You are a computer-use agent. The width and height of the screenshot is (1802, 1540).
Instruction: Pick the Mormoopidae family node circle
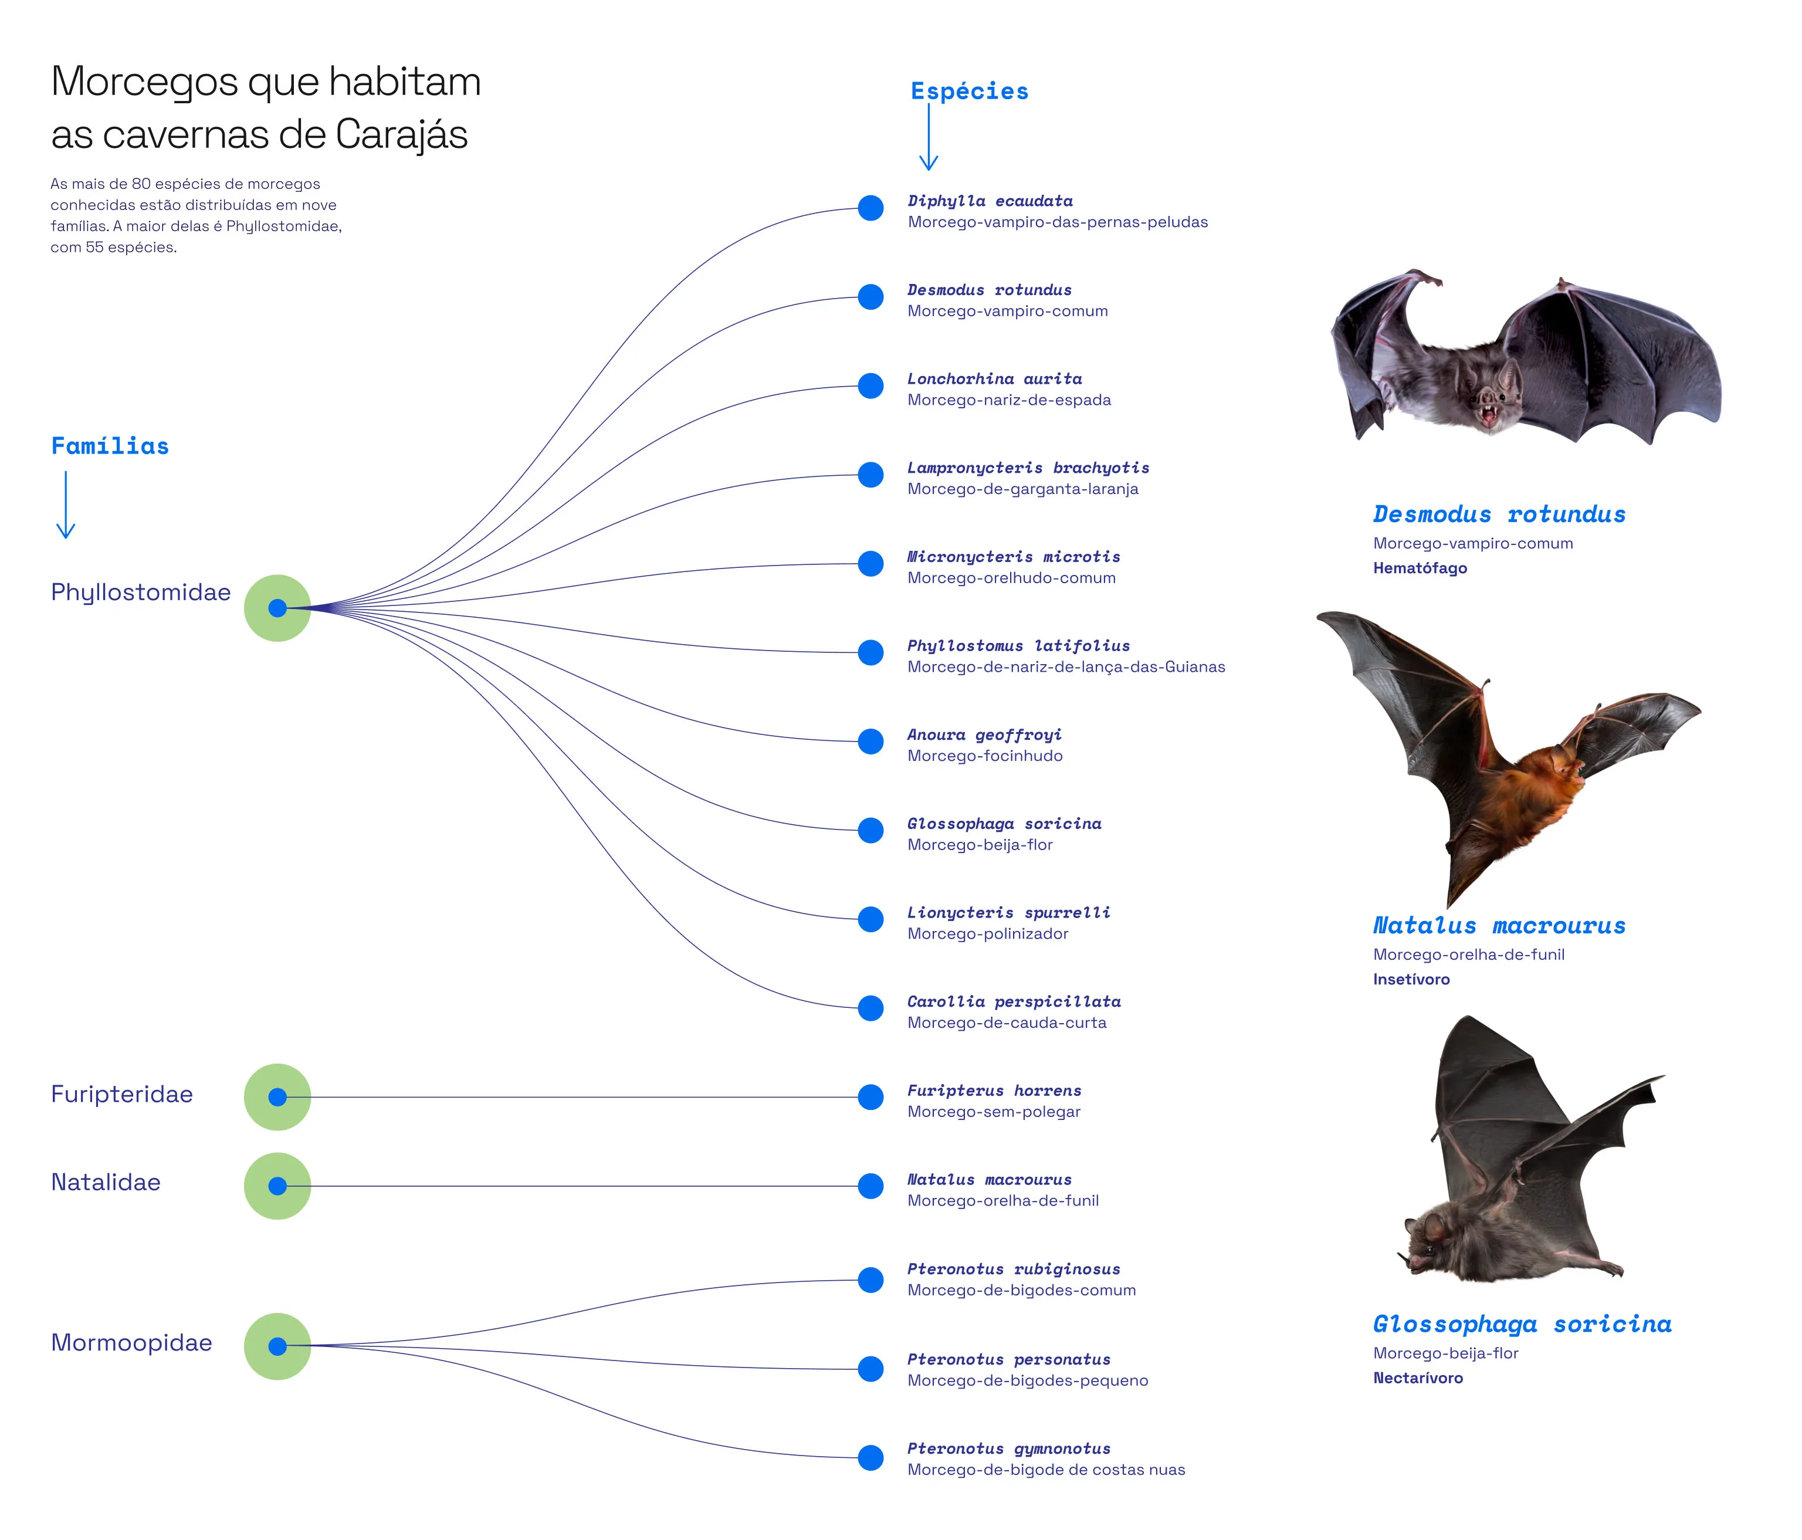tap(277, 1346)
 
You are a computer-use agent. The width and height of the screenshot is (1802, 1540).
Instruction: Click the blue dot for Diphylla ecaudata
tap(870, 208)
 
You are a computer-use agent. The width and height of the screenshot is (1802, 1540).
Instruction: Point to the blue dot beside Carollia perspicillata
tap(870, 1008)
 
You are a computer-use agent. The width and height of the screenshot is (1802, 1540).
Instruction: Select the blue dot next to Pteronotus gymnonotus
tap(870, 1457)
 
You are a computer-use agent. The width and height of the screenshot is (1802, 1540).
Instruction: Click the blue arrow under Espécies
tap(929, 137)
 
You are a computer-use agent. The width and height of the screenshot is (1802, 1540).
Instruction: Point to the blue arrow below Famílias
tap(66, 505)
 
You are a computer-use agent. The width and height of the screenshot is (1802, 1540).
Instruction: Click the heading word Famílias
tap(110, 446)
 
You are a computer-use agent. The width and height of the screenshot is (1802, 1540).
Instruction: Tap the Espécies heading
tap(970, 92)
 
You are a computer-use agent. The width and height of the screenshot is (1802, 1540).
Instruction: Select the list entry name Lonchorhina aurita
tap(995, 378)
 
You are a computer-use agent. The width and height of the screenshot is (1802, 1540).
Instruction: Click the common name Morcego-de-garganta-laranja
tap(1023, 489)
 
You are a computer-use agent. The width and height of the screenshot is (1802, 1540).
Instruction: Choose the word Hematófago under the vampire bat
tap(1420, 568)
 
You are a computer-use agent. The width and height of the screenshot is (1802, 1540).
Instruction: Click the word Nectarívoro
tap(1418, 1377)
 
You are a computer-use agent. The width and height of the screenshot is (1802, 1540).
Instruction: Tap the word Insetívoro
tap(1411, 979)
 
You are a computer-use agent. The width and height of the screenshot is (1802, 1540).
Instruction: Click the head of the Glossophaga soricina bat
tap(1427, 1244)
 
